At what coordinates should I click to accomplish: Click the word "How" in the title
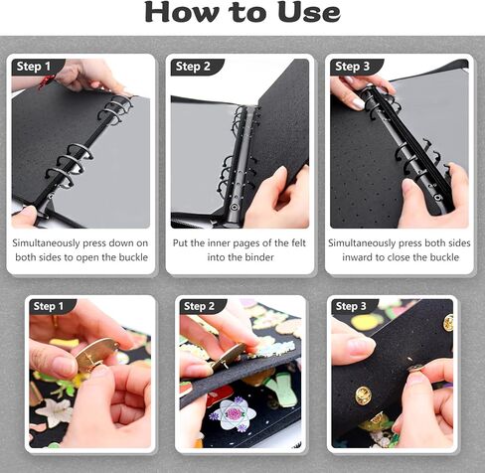tap(185, 13)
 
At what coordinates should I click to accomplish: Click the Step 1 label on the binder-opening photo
tap(34, 67)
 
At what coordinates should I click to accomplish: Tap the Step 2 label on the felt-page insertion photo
tap(193, 67)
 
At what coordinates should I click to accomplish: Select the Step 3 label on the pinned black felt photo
tap(352, 306)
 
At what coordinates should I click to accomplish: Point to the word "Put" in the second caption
tap(183, 241)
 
